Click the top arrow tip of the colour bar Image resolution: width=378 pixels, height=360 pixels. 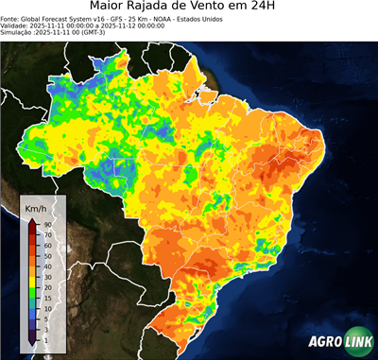[x=32, y=220]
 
